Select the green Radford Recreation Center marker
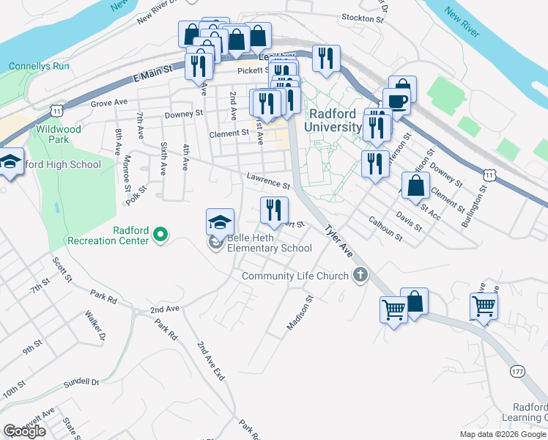point(160,235)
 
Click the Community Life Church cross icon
point(359,276)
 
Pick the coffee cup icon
point(397,102)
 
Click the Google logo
point(24,430)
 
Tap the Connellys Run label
point(39,66)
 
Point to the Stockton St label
point(363,18)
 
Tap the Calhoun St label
point(385,229)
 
